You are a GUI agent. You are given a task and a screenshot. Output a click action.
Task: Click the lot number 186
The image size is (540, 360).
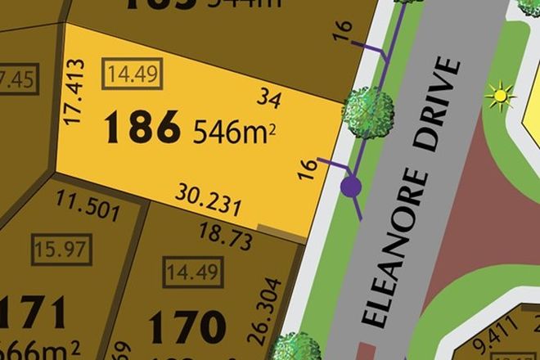tap(142, 128)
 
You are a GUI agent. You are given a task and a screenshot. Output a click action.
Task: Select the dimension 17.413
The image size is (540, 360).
tap(74, 91)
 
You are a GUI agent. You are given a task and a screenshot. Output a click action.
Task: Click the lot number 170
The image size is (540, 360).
tap(186, 327)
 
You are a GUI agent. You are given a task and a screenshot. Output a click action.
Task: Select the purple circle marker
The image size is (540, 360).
tap(352, 187)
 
